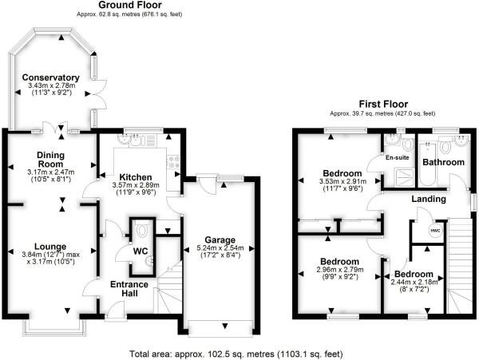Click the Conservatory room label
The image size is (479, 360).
[51, 77]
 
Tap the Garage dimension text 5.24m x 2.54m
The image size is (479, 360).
[220, 248]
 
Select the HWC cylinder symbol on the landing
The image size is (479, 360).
[435, 231]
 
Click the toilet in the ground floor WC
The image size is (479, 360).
[142, 230]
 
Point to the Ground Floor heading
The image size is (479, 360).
[130, 5]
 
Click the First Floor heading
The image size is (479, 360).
[383, 104]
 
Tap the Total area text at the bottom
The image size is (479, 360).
[236, 354]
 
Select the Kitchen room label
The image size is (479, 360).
[136, 177]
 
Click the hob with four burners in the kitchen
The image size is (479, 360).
[173, 161]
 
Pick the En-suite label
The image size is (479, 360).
[397, 157]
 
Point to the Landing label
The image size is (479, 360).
[429, 199]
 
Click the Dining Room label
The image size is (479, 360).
[51, 160]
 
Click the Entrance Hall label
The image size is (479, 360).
[129, 289]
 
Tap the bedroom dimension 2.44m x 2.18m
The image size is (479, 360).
[414, 282]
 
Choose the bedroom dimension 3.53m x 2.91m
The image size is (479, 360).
[342, 181]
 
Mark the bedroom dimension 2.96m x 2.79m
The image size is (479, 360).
[340, 270]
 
